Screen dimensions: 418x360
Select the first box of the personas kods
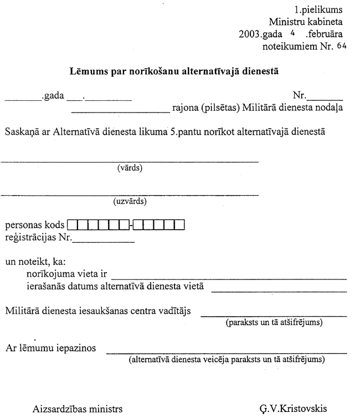pyautogui.click(x=72, y=226)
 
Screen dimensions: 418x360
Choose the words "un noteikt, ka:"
pyautogui.click(x=32, y=262)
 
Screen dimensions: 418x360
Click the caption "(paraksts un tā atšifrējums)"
pyautogui.click(x=274, y=322)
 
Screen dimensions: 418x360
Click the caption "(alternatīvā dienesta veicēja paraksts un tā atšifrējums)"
pyautogui.click(x=227, y=360)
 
